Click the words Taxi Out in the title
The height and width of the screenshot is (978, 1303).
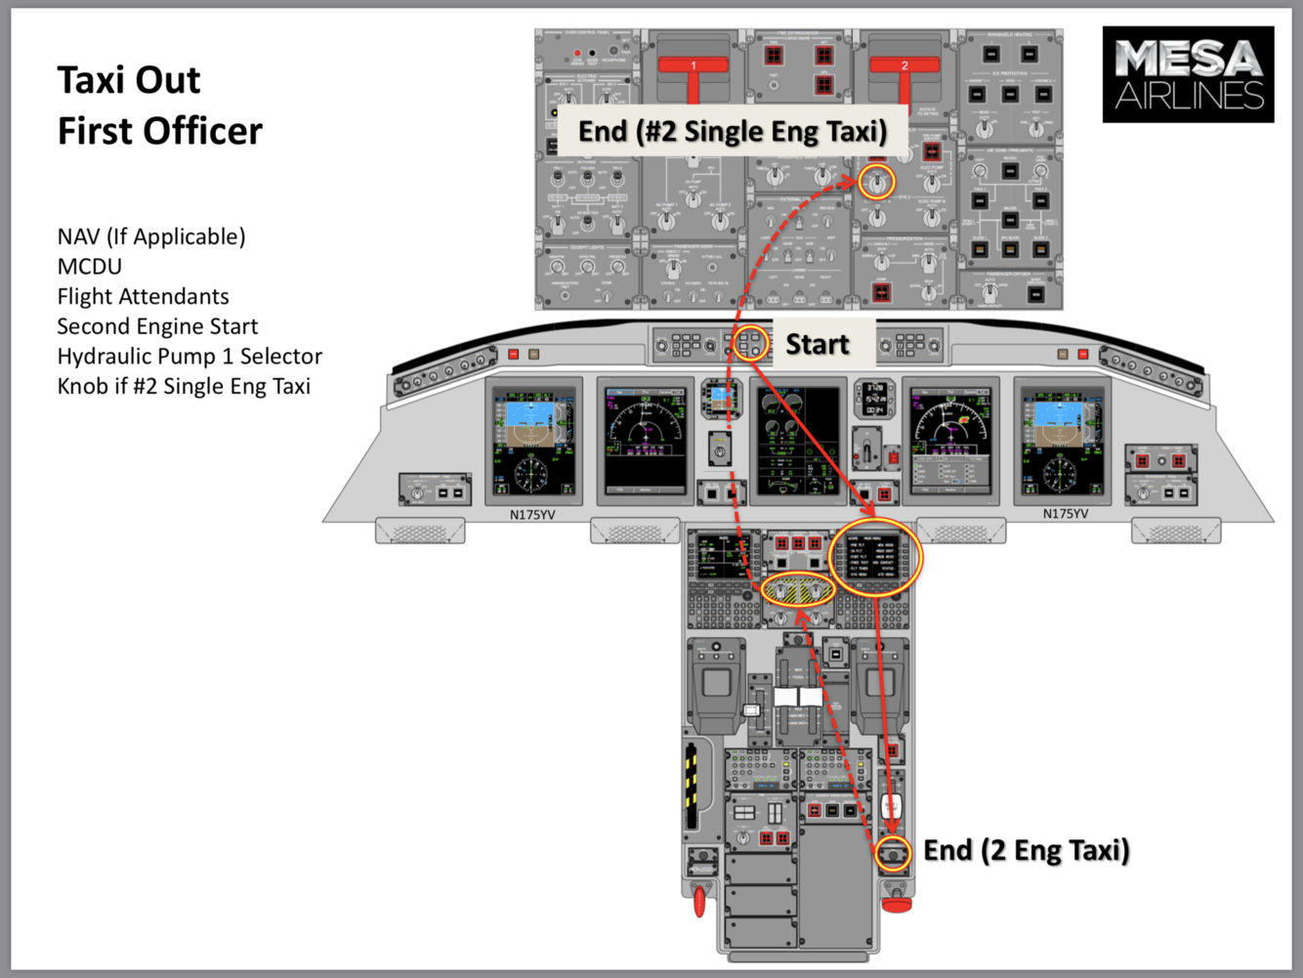pos(129,80)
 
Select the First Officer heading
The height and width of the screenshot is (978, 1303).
pos(160,131)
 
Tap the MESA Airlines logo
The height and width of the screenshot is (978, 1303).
pos(1188,74)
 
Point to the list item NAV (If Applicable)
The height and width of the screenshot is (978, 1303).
pos(151,236)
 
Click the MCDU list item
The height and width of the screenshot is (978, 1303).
pos(89,267)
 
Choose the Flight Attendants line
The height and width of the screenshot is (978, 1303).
pos(143,297)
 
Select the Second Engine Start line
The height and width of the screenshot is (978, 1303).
pos(157,326)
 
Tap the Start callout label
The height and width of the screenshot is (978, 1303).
pos(818,344)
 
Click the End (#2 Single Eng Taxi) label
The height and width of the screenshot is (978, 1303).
pos(733,132)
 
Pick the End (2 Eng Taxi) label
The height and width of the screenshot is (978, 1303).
pos(1027,850)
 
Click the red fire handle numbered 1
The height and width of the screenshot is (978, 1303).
pos(694,68)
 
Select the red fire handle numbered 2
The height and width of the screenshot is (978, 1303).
pos(904,68)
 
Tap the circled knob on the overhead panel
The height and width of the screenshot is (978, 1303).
pos(877,183)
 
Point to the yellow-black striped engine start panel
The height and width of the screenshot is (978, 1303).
pos(798,591)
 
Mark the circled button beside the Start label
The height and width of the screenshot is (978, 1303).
pos(750,344)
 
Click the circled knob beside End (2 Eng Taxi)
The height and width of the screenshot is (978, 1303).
pos(893,853)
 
